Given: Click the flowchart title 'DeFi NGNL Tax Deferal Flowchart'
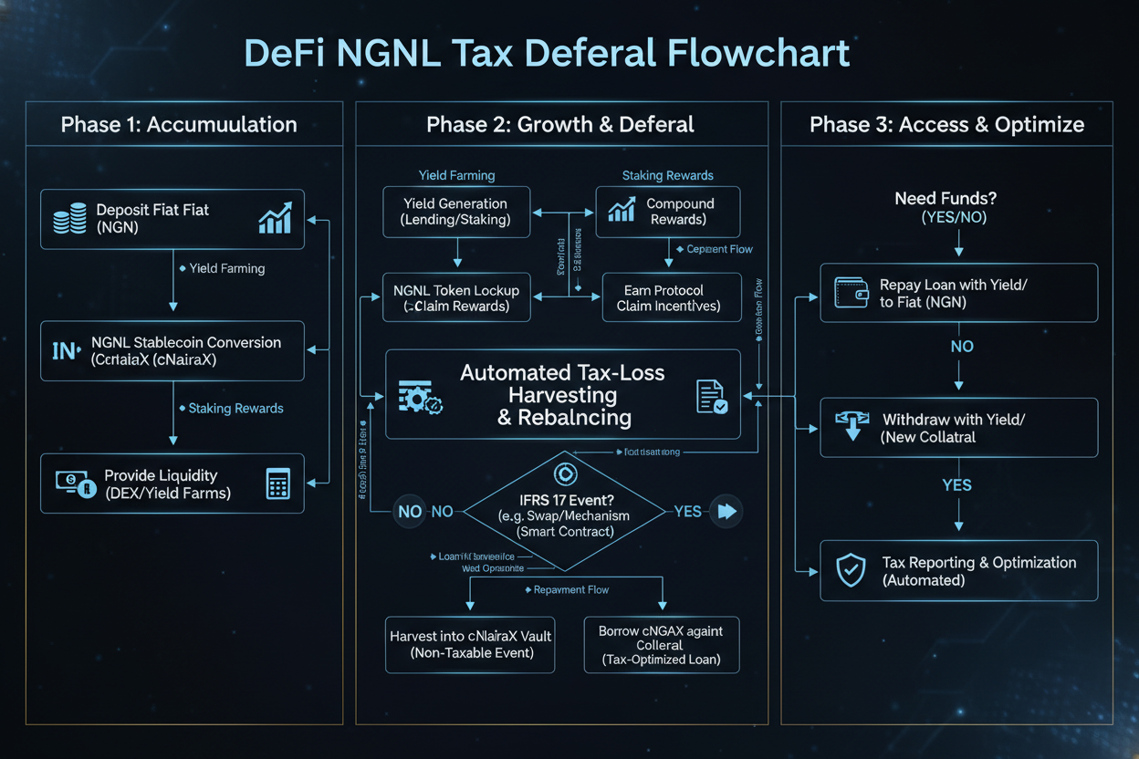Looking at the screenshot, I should click(548, 53).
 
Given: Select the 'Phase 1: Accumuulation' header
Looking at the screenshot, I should click(179, 125).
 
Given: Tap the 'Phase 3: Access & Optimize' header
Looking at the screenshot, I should click(946, 125).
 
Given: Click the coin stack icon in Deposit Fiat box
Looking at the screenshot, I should click(70, 220).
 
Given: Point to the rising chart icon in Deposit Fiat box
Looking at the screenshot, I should click(275, 218).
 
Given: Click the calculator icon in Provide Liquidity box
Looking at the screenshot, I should click(277, 484).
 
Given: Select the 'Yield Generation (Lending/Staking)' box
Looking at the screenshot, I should click(456, 212).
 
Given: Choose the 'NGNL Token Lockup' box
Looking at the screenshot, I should click(456, 297).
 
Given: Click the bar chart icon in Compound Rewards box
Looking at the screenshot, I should click(621, 211).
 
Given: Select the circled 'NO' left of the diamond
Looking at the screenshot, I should click(410, 512).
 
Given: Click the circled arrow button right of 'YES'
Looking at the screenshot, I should click(726, 512).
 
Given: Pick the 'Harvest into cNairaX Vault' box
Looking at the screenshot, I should click(469, 644).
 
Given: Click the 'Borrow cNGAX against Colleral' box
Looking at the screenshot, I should click(660, 644).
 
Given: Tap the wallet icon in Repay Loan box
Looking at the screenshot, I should click(851, 293).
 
